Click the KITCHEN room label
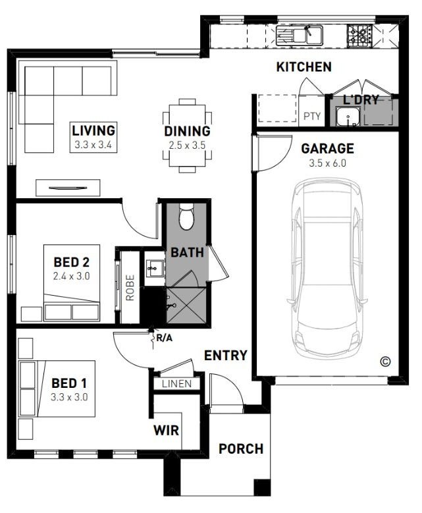click(x=304, y=67)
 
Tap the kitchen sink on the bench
click(x=300, y=36)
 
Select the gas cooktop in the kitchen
click(x=359, y=36)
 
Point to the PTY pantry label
click(x=312, y=116)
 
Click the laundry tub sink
click(x=348, y=117)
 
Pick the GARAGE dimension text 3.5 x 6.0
click(x=327, y=163)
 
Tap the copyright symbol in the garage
click(x=385, y=362)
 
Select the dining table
click(x=187, y=136)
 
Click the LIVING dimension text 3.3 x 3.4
click(x=93, y=145)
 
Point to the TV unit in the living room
click(x=68, y=188)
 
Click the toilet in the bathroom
click(x=186, y=217)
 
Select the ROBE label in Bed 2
click(x=130, y=288)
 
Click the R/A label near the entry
click(x=164, y=338)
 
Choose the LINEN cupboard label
click(x=176, y=384)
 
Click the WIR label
click(x=166, y=430)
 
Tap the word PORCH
click(x=241, y=449)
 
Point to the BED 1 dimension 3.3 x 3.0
click(x=69, y=397)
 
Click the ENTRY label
click(x=226, y=356)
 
